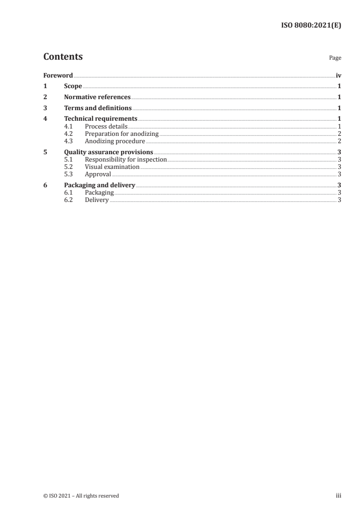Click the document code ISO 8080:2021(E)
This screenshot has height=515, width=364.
tap(311, 26)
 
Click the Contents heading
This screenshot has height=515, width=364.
tap(63, 57)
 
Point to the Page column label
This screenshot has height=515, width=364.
tap(335, 58)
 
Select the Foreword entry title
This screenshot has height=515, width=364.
tap(58, 75)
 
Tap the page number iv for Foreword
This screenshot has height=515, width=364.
tap(338, 75)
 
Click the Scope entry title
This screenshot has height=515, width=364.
tap(73, 86)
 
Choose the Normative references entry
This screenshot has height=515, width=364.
tap(97, 97)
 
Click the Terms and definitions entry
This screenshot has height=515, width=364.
tap(98, 108)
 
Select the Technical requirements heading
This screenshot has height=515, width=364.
tap(101, 119)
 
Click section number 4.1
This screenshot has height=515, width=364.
tap(68, 126)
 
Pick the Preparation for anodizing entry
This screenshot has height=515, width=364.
tap(122, 134)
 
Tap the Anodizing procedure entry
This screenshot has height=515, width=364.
tap(115, 141)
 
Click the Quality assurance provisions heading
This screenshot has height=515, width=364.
tap(109, 152)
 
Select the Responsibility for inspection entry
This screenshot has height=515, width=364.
tap(126, 160)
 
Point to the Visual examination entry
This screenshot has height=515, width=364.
tap(112, 167)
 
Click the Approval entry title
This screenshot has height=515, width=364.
tap(98, 174)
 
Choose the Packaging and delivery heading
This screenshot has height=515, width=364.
tap(100, 185)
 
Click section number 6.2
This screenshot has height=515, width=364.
tap(68, 200)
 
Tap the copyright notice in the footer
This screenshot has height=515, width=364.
tap(81, 496)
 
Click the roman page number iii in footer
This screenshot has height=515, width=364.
tap(338, 496)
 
